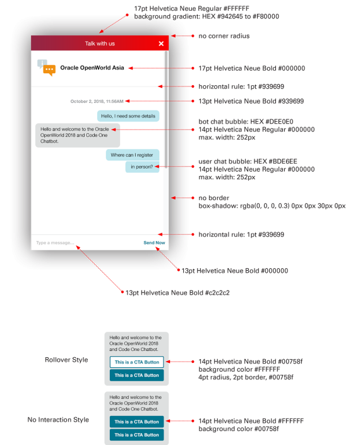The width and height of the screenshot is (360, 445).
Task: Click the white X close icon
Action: (161, 44)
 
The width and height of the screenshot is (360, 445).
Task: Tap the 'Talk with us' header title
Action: (100, 44)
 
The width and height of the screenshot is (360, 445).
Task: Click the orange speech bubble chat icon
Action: (49, 71)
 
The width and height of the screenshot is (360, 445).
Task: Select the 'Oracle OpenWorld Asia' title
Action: (92, 68)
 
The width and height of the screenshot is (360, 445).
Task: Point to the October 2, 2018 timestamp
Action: (97, 102)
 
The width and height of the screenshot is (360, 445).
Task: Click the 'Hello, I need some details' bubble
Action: (128, 116)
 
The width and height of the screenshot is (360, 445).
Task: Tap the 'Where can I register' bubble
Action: (133, 155)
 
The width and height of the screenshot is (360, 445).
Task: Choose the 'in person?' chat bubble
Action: (142, 167)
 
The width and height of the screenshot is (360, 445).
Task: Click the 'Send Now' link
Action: (154, 242)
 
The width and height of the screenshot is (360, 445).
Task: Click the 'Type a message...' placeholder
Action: (55, 242)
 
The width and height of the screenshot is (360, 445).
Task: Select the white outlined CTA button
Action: (137, 362)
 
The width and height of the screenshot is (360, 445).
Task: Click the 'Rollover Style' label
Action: (66, 360)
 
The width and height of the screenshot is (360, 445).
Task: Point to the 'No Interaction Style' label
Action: (58, 420)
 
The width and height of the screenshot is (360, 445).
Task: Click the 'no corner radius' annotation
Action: (224, 36)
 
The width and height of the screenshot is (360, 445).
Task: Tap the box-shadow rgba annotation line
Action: (272, 206)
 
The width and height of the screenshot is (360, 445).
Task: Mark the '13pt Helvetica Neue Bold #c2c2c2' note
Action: (177, 293)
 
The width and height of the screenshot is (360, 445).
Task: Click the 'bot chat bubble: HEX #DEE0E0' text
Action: (246, 122)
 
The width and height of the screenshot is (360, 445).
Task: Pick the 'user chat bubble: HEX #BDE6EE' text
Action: (248, 162)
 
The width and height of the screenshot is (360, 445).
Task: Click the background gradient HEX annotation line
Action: (207, 16)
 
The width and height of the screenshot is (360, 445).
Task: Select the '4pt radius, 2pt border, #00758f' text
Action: (246, 377)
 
